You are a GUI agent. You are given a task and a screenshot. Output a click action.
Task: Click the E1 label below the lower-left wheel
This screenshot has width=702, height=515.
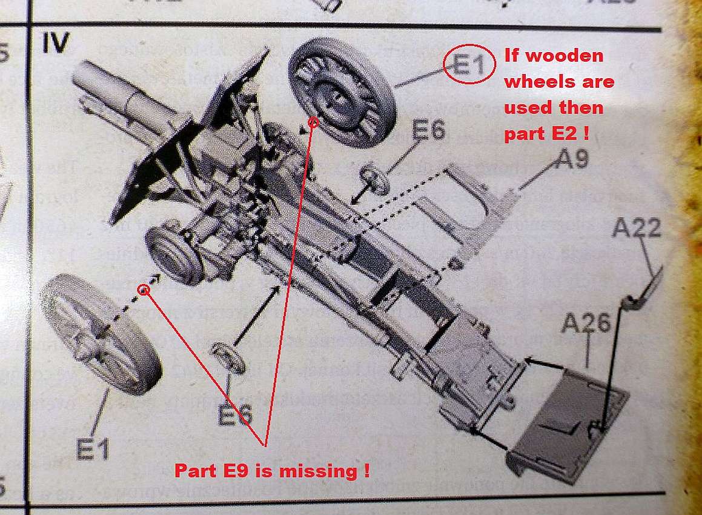93,450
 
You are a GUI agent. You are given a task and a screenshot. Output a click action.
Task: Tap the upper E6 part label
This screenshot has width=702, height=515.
429,131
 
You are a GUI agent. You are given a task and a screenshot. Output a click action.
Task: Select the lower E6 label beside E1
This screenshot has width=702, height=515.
235,415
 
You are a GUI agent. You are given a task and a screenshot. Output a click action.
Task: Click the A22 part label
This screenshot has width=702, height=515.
636,229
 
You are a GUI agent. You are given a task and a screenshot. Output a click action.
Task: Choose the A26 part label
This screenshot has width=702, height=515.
585,324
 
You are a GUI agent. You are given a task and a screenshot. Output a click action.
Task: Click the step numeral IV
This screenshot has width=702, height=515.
56,44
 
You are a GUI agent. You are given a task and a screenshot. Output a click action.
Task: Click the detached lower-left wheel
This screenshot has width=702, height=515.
101,333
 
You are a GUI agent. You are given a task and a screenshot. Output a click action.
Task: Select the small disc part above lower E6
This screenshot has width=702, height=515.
229,357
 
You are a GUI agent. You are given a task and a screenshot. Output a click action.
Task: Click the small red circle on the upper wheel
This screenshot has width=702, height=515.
313,123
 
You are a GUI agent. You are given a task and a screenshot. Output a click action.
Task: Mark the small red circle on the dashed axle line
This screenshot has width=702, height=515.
144,290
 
